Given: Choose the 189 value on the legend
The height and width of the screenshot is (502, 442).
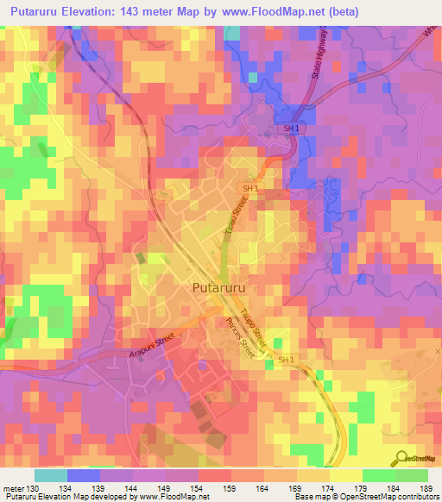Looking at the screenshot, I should coord(426,489).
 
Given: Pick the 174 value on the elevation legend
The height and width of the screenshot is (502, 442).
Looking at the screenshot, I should coord(329,489).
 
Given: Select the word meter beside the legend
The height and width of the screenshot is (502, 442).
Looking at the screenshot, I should coord(13,489).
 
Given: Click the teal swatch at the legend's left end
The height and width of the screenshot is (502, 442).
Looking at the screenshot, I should coord(51,475).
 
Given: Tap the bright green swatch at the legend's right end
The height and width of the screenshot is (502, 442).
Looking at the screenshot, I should coord(411,475).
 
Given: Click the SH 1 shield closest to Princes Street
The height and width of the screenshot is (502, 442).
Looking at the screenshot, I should coord(287,360).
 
